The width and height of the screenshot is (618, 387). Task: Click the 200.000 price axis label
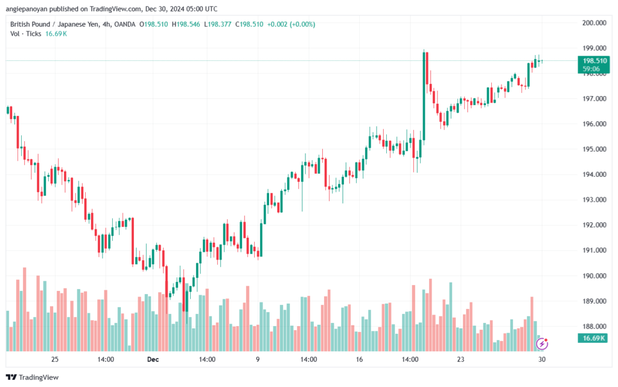(594, 23)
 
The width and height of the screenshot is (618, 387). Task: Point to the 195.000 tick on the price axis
(594, 149)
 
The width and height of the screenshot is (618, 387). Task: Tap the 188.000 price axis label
(594, 326)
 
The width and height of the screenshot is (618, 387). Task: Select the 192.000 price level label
(594, 225)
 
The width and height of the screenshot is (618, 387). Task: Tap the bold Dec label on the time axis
(153, 359)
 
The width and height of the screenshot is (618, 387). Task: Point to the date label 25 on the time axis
(55, 359)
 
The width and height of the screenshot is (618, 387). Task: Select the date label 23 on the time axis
(460, 359)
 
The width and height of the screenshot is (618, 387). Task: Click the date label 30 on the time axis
(542, 359)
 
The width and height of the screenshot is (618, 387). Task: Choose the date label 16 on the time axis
(359, 359)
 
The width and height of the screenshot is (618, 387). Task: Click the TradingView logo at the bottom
(33, 377)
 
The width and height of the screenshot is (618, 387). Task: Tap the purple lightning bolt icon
(542, 344)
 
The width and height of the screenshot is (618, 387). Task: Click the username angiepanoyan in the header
(25, 9)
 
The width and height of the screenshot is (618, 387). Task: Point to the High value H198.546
(186, 24)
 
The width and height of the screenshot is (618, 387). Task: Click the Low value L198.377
(217, 24)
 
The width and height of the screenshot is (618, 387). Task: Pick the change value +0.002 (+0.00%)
(291, 24)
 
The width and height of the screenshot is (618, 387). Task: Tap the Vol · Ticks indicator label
(25, 34)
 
